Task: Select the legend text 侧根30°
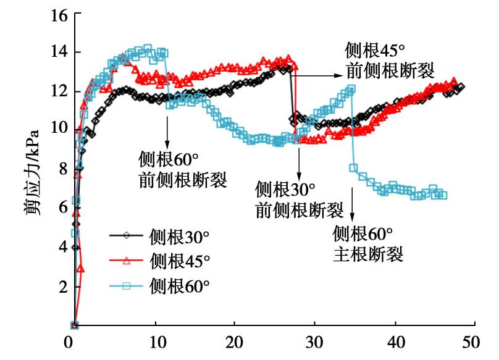[179, 236]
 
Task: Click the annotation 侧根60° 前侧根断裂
[182, 170]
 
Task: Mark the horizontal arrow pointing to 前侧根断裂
[319, 75]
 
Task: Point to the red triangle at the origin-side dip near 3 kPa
[80, 269]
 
